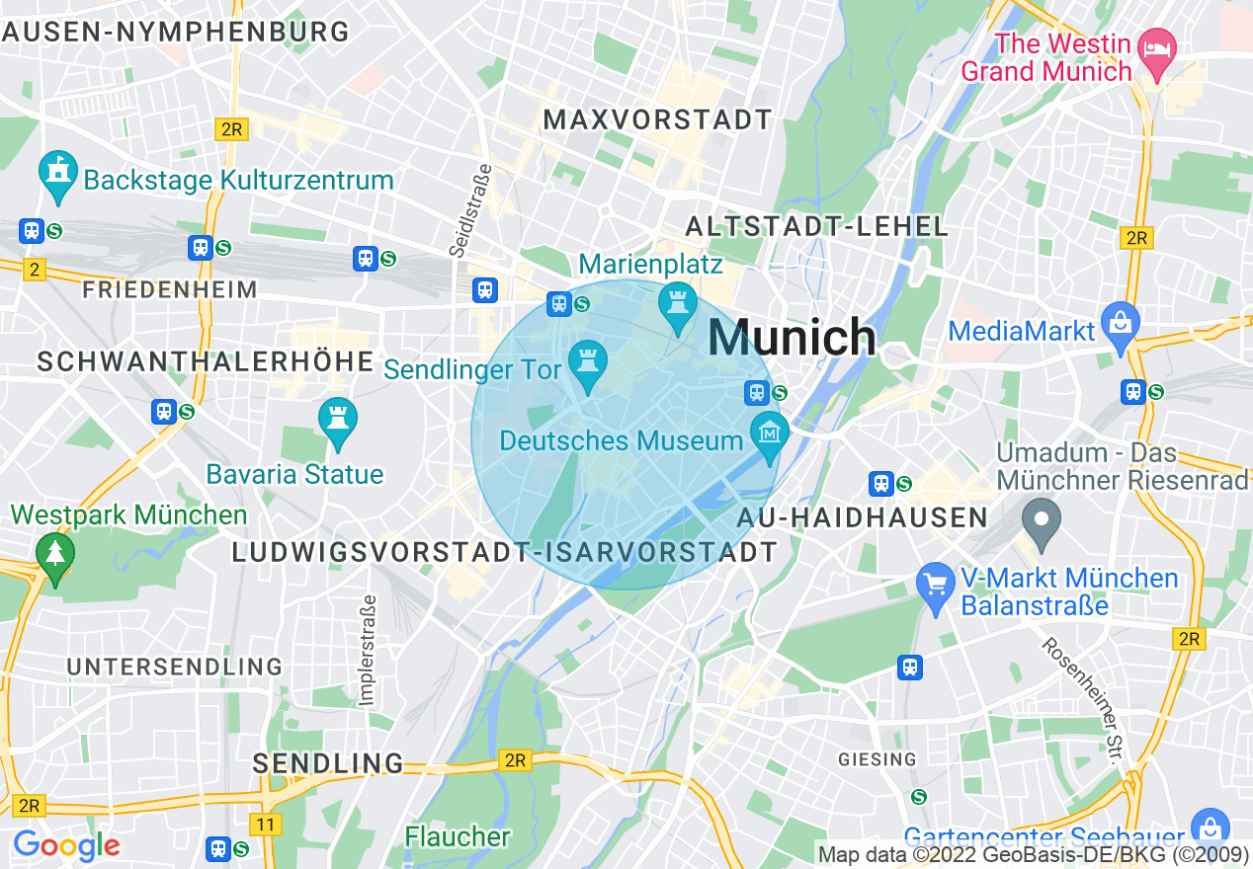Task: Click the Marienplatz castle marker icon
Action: [x=678, y=303]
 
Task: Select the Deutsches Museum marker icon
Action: [x=769, y=434]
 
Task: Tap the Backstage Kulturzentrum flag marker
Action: [x=58, y=174]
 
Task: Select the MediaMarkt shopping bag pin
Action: [x=1121, y=325]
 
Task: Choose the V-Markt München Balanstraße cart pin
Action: [x=935, y=583]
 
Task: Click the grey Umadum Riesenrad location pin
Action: [x=1041, y=520]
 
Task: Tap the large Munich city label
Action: [x=792, y=338]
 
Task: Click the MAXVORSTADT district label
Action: [x=658, y=119]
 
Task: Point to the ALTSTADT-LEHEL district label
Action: [x=816, y=226]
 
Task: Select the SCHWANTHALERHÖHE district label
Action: [x=206, y=361]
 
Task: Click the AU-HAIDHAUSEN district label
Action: [x=863, y=517]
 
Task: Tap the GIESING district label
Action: [x=877, y=759]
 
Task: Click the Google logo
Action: [x=66, y=846]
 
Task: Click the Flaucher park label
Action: [x=458, y=836]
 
